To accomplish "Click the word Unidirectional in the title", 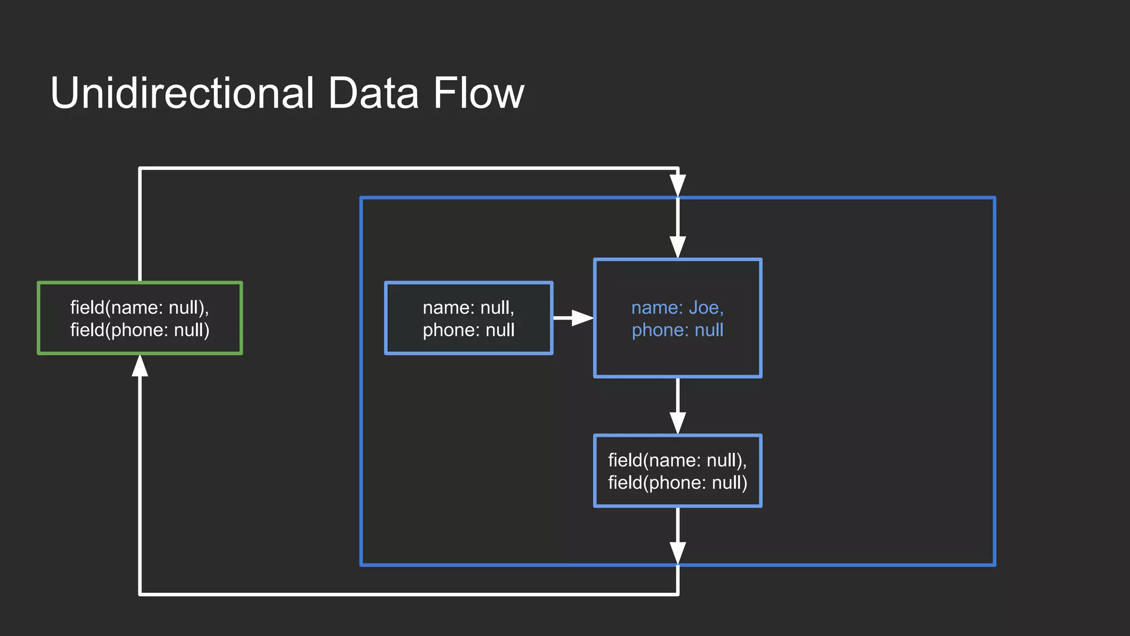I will pos(182,93).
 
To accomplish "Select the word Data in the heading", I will pos(373,93).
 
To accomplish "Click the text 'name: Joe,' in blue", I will pos(677,308).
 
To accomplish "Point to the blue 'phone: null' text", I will pos(677,330).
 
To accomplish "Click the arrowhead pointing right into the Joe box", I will pos(582,317).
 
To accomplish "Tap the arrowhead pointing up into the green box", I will pos(140,367).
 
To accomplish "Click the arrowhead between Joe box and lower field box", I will pos(678,422).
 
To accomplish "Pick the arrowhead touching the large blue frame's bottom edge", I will pos(678,553).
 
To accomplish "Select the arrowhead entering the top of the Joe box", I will pos(678,247).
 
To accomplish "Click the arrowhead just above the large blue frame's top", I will pos(678,185).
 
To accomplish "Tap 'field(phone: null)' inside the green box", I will pos(140,330).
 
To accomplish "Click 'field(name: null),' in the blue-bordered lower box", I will pos(677,460).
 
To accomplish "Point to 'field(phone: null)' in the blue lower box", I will pos(677,483).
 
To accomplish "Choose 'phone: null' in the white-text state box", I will pos(468,330).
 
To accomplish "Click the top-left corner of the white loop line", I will pos(140,168).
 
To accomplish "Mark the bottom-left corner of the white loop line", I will pos(140,594).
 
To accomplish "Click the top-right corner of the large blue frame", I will pos(994,198).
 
